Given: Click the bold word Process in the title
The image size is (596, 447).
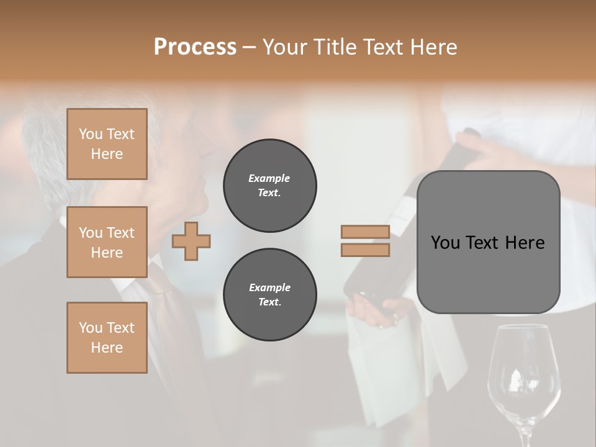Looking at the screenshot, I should (195, 47).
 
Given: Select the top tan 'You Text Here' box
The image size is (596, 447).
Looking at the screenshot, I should (107, 144).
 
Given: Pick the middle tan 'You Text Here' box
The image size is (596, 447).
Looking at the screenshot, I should (107, 242).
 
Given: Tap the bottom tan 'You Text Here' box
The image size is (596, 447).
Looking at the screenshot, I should (107, 338).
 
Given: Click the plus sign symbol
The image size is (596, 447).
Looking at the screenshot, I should (191, 241).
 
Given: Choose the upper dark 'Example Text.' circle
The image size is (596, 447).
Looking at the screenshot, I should (269, 186).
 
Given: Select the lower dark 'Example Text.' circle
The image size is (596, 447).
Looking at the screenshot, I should (269, 295).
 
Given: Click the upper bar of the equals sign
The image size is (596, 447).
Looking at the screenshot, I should (365, 232).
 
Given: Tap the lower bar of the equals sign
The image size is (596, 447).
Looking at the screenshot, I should (365, 250).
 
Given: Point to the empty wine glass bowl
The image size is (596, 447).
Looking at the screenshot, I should (523, 366).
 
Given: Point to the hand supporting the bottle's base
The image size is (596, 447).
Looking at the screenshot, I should (379, 310).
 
